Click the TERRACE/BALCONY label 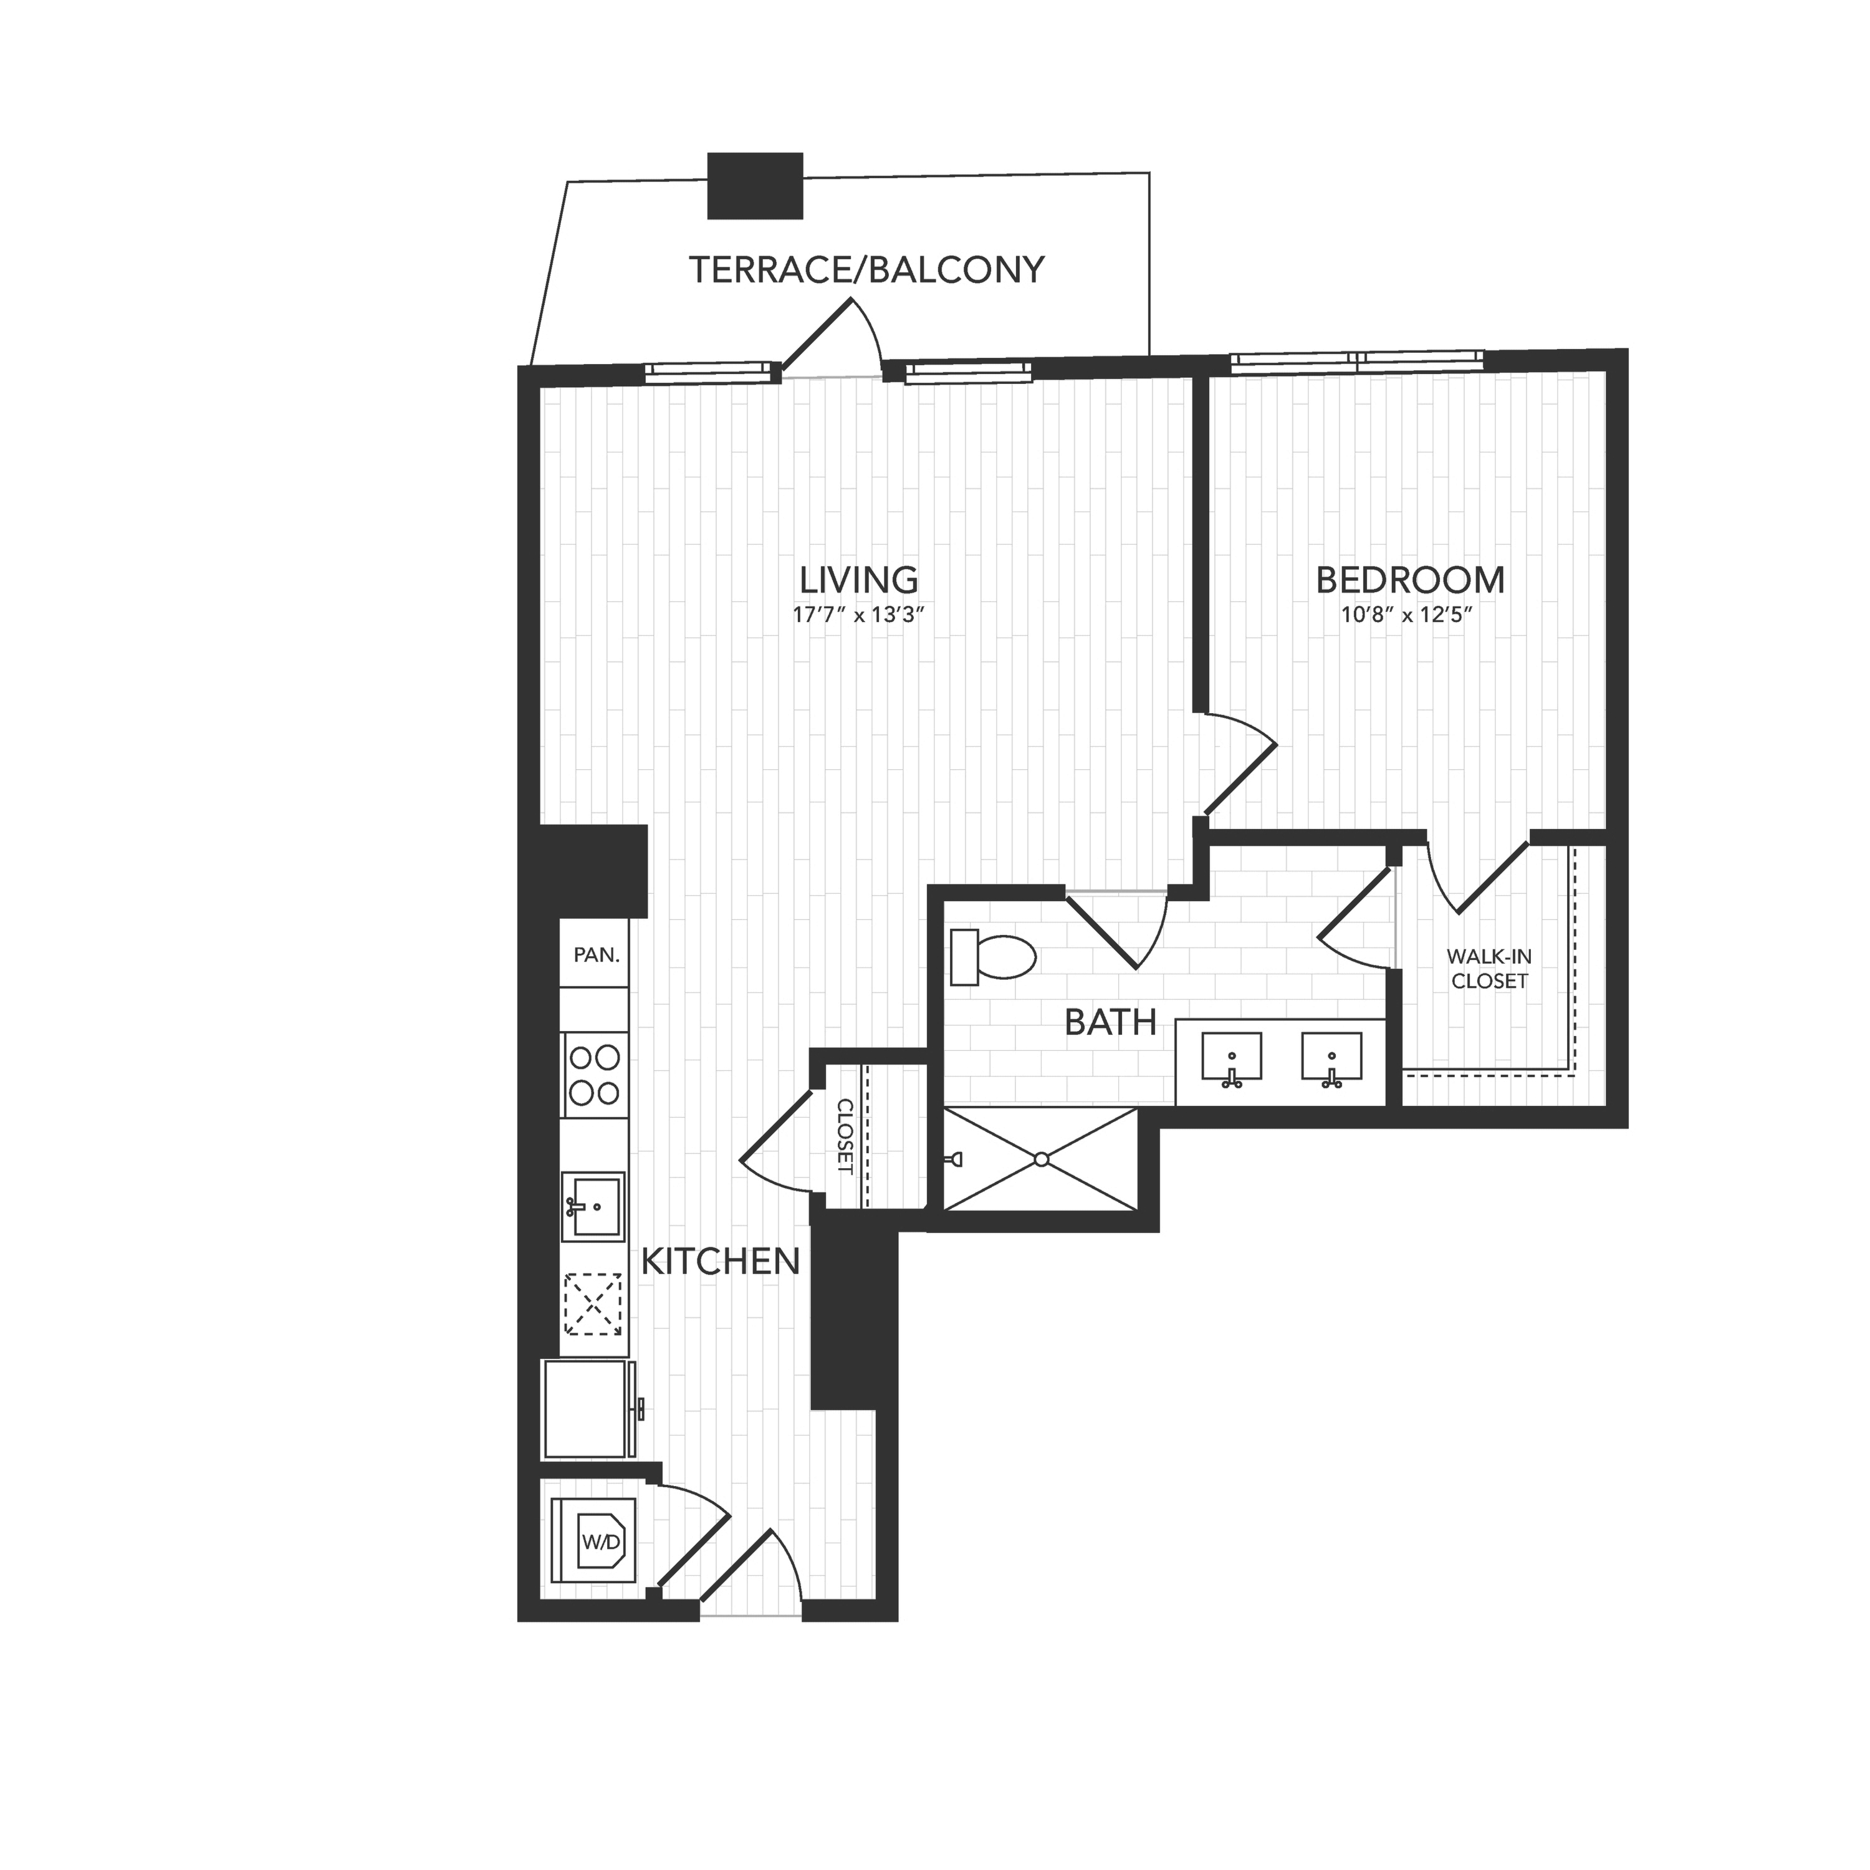click(x=866, y=269)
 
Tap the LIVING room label click(x=858, y=580)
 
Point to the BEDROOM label click(x=1410, y=580)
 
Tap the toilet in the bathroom click(x=992, y=957)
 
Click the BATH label click(x=1110, y=1022)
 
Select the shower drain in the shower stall click(x=1042, y=1159)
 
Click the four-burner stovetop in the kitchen click(x=594, y=1075)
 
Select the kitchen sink click(x=594, y=1206)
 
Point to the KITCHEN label click(x=721, y=1261)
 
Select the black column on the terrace click(x=755, y=185)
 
